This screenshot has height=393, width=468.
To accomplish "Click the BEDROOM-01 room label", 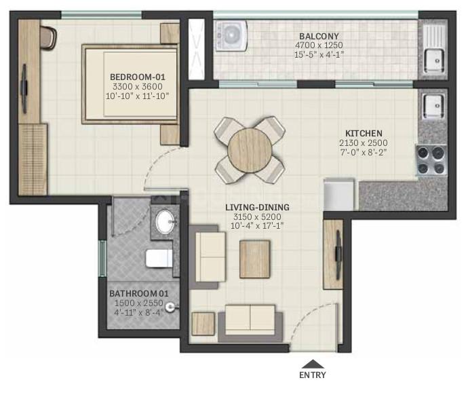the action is [137, 77].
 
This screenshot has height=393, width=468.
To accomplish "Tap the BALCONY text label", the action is [319, 36].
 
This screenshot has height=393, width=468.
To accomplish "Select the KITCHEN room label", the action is [364, 133].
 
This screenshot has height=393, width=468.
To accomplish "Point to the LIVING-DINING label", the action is [257, 207].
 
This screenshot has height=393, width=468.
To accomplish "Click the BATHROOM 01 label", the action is [139, 293].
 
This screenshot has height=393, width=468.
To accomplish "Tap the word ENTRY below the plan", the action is [313, 375].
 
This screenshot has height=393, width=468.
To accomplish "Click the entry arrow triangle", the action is [313, 364].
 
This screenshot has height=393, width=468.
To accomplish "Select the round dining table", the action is [250, 150].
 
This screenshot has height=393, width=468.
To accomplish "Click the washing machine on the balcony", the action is [231, 35].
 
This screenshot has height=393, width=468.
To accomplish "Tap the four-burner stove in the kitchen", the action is [431, 160].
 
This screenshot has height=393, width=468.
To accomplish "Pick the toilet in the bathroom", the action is [159, 259].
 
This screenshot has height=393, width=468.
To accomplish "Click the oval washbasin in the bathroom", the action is [165, 221].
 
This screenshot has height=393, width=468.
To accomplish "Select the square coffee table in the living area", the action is [255, 259].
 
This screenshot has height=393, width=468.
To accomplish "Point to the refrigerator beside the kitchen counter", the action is [339, 194].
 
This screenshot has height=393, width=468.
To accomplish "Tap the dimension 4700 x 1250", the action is [319, 45].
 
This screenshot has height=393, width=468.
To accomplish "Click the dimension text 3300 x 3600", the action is [138, 87].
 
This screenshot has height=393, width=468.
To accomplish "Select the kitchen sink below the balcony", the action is [433, 107].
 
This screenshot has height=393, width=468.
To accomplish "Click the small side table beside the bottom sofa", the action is [203, 324].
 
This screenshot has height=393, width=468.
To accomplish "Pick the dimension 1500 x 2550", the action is [139, 303].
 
